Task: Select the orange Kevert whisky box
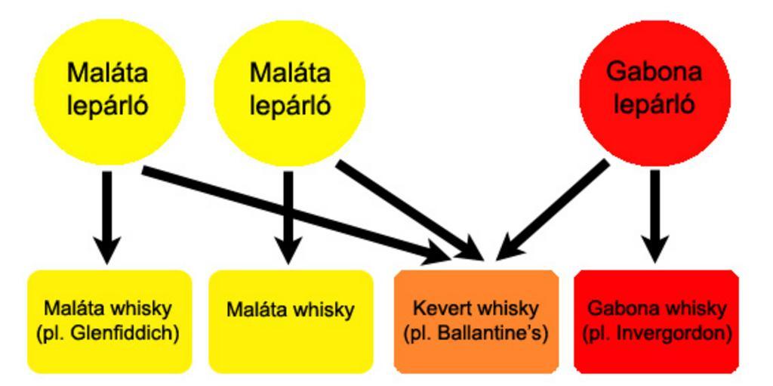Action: coord(476,321)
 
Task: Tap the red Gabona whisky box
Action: coord(656,321)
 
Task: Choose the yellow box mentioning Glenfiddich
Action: coord(109,321)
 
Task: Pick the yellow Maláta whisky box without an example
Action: coord(291,321)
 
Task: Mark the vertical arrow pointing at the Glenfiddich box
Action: coord(107,215)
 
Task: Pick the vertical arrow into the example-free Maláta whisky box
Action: coord(288,215)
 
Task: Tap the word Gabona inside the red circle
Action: coord(654,73)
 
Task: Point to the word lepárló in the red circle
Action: coord(654,105)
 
